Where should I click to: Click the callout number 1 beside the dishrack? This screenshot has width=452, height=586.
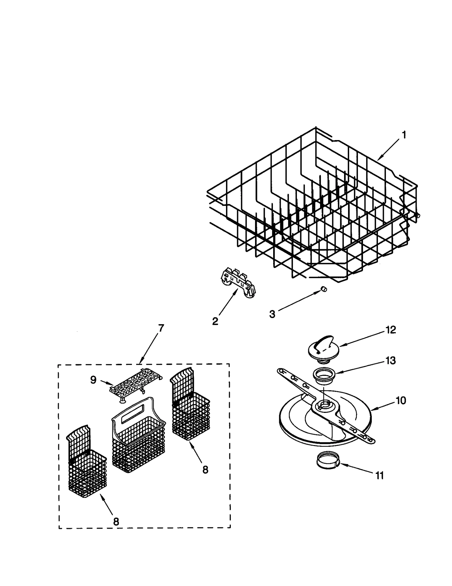(404, 135)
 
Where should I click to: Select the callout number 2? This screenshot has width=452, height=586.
(215, 321)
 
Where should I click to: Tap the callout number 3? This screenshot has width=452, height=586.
(272, 314)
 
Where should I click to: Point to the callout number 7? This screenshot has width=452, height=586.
(161, 328)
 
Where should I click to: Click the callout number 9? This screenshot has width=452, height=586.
(93, 380)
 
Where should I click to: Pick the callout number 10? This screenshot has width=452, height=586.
(401, 400)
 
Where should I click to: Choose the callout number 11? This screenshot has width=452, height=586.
(380, 476)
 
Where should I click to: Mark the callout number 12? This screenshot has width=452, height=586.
(391, 330)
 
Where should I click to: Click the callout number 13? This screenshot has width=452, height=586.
(391, 361)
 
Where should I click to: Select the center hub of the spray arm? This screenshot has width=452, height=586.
(324, 405)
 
